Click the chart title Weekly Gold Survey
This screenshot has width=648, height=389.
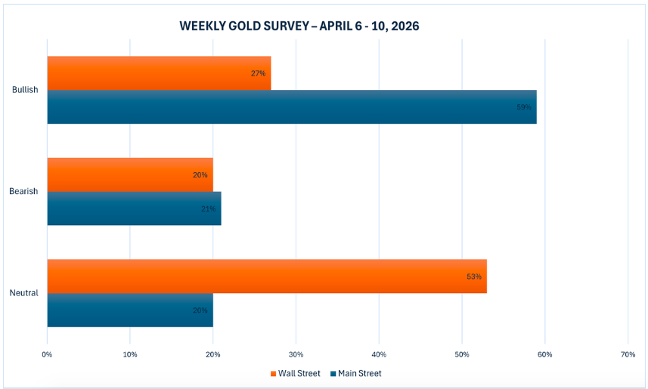[299, 26]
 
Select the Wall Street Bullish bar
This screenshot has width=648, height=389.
[159, 73]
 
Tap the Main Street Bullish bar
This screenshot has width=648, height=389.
[291, 107]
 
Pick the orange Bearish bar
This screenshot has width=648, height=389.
[129, 174]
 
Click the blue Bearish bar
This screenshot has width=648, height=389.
[134, 208]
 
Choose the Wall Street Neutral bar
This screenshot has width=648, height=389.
[266, 276]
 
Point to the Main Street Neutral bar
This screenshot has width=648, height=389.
[129, 310]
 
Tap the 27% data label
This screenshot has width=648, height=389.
[258, 73]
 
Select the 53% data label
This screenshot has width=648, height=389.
[474, 276]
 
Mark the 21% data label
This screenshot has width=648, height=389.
[209, 208]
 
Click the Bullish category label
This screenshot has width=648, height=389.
[25, 90]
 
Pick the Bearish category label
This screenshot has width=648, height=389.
[23, 191]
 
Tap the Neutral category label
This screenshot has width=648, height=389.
[24, 293]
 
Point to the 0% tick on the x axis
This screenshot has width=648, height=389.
[47, 354]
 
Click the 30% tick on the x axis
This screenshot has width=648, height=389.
[296, 354]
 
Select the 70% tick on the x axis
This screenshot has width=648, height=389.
[628, 354]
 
